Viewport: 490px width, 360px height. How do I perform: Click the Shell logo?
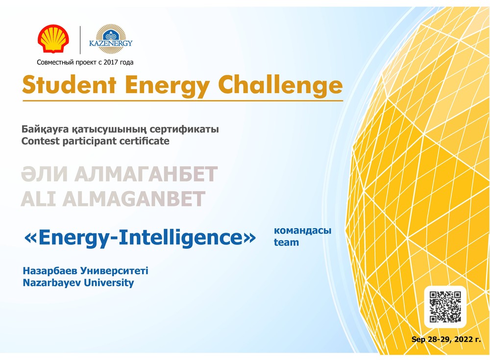click(x=53, y=38)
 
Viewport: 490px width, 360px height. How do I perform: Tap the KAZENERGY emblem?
click(x=111, y=39)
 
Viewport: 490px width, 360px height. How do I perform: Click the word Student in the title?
click(x=70, y=85)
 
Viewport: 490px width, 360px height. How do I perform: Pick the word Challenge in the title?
click(x=280, y=85)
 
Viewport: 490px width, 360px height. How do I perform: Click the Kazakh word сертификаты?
click(x=184, y=129)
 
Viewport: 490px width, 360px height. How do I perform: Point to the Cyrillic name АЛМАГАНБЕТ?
click(x=146, y=174)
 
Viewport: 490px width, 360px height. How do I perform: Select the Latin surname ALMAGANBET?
click(x=134, y=199)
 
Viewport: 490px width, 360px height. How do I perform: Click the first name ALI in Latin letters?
click(x=38, y=199)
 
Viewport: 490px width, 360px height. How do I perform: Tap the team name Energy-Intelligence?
click(x=140, y=238)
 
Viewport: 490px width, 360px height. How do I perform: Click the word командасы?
click(x=302, y=231)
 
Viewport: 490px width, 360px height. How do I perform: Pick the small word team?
click(x=286, y=242)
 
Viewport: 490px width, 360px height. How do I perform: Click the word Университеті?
click(x=114, y=271)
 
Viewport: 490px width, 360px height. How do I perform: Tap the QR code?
click(x=445, y=307)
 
